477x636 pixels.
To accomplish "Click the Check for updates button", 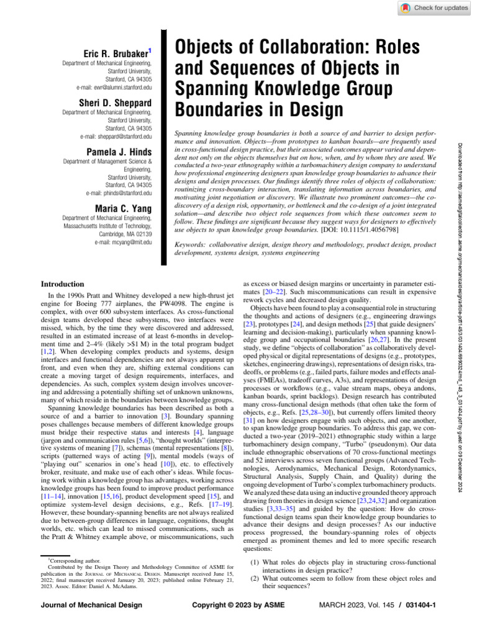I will point(434,7).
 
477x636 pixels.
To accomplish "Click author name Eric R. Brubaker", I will point(116,53).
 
